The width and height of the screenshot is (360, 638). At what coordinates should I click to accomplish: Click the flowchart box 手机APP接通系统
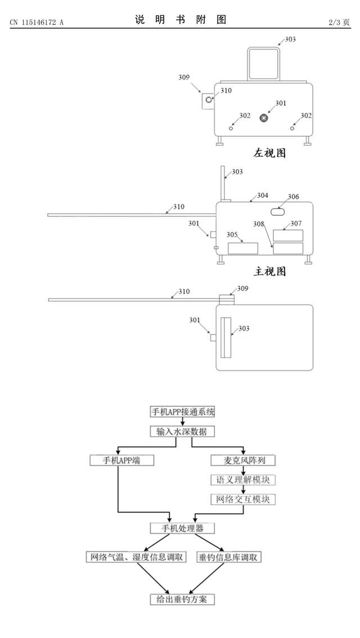click(183, 411)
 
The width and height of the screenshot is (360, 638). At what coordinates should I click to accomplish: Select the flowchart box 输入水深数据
click(183, 431)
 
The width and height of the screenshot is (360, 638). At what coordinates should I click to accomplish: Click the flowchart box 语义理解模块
click(242, 480)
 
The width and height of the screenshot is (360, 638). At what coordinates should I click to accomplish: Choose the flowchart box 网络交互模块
click(242, 499)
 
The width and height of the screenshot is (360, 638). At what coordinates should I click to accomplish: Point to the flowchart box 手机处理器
click(183, 528)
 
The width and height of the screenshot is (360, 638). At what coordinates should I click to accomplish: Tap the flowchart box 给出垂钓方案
click(183, 599)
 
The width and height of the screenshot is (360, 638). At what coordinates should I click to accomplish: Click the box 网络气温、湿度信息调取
click(136, 557)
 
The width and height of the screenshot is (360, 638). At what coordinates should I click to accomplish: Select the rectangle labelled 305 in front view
click(242, 248)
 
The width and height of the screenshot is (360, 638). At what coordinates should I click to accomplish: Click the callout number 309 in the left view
click(183, 78)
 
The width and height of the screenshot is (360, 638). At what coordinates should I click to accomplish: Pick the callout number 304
click(263, 196)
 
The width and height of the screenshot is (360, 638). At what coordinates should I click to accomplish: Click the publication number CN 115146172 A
click(37, 22)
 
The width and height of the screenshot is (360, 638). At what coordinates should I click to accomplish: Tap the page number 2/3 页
click(339, 22)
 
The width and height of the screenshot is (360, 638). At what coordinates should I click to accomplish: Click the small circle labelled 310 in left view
click(209, 99)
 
